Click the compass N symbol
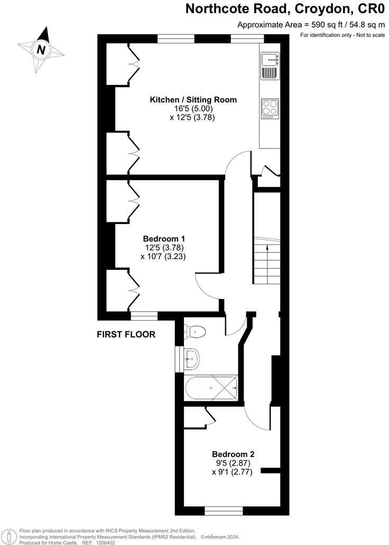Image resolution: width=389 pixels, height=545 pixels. click(x=40, y=50)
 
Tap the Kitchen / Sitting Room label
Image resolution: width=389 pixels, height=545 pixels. click(x=193, y=100)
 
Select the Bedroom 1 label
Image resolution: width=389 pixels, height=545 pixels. click(x=163, y=239)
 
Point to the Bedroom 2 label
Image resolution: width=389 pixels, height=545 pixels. click(x=233, y=454)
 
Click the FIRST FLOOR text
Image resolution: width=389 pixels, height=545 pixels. click(x=126, y=334)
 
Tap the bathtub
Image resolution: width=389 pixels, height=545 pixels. click(x=211, y=389)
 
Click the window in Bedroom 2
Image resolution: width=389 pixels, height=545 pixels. click(x=224, y=511)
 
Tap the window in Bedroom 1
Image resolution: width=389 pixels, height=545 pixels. click(x=144, y=316)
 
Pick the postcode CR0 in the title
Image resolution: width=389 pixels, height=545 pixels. click(x=372, y=9)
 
